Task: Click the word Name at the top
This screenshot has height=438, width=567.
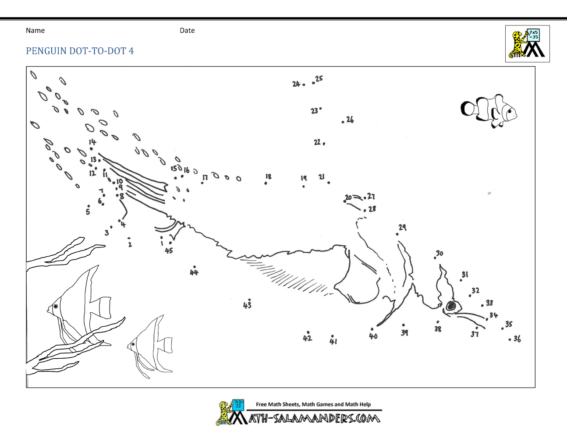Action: [35, 31]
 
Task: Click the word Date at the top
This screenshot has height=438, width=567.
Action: [187, 31]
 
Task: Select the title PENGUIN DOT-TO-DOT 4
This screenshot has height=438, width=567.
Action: [80, 51]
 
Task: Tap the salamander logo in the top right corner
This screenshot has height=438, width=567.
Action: [527, 43]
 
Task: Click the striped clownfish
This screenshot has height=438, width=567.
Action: [489, 111]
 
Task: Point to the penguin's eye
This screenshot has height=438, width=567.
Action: [450, 306]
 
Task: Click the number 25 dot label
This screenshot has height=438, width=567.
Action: [319, 78]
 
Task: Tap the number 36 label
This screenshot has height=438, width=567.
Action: [517, 339]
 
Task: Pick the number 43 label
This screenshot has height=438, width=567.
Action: [247, 305]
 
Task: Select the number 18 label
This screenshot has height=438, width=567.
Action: [269, 177]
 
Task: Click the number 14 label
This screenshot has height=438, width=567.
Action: [92, 142]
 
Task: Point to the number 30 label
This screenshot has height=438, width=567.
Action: [439, 253]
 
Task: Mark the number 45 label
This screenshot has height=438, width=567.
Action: [169, 251]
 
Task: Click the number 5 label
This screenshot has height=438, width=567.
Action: [88, 212]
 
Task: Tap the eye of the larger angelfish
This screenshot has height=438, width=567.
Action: [56, 306]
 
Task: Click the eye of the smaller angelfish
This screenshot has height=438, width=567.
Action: [133, 344]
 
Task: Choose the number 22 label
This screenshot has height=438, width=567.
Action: [317, 142]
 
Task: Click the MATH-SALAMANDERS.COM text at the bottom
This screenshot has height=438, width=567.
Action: [305, 419]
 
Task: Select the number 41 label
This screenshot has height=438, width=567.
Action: [333, 341]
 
